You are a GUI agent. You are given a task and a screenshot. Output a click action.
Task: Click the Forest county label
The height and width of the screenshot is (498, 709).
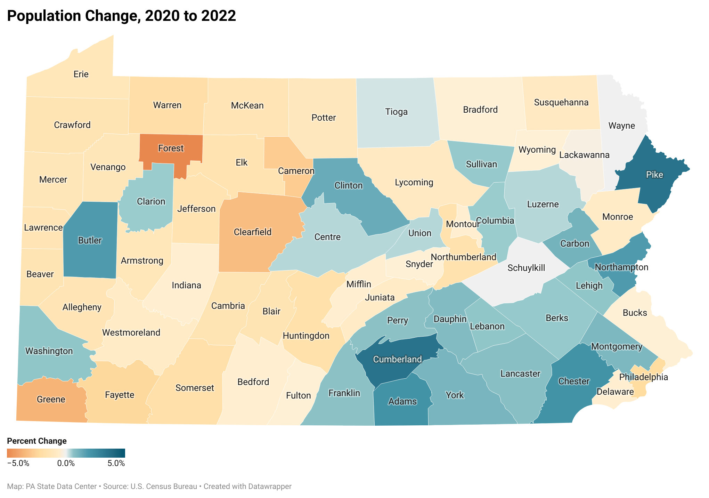coord(171,148)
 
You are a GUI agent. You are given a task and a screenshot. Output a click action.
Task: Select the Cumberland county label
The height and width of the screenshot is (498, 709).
coord(397,360)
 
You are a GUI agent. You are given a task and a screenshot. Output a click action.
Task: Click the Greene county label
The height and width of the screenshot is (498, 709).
coord(51,400)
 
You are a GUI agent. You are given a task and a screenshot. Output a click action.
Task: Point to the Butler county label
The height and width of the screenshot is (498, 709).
coord(90,241)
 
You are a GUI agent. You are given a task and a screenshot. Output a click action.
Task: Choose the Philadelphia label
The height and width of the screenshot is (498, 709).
coord(643,377)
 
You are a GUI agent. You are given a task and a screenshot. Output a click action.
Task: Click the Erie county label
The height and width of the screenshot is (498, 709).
coord(81,74)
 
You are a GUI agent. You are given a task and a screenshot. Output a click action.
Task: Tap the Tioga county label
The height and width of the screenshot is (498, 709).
coord(396,112)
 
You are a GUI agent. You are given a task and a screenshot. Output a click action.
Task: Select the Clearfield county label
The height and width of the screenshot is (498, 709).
coord(253,232)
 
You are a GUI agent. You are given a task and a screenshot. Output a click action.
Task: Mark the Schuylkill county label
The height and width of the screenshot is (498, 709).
coord(526,268)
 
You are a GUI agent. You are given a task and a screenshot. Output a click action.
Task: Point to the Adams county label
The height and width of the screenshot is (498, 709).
coord(402,402)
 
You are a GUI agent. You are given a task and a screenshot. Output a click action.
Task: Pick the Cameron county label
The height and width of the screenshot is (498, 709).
coord(296,171)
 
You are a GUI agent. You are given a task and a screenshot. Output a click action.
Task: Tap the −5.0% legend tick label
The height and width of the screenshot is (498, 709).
coord(18,464)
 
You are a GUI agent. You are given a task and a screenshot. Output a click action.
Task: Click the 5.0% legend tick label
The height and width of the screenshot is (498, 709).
coord(116,464)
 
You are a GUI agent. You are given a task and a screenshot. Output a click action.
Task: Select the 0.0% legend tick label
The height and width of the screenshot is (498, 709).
coord(66,464)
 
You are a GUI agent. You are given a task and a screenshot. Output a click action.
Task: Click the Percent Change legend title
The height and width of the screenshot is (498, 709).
coord(37,441)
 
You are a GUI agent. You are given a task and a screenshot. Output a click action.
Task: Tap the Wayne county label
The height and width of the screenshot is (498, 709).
coord(621,126)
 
